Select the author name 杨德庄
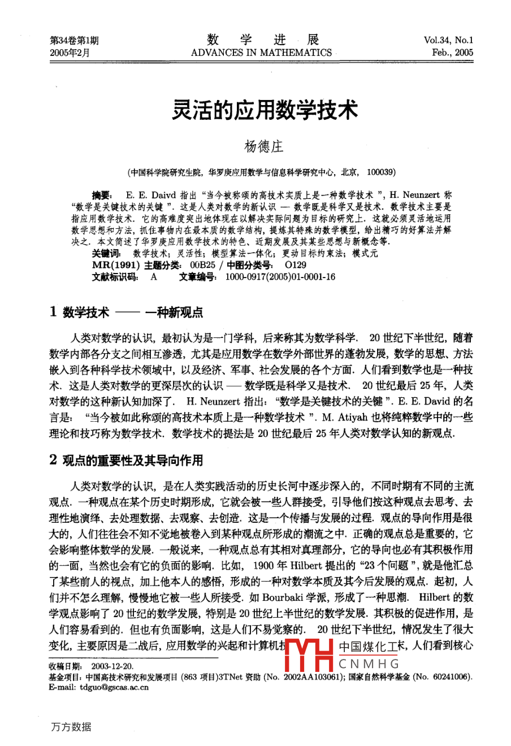pyautogui.click(x=263, y=147)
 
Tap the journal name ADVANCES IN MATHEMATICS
pyautogui.click(x=261, y=53)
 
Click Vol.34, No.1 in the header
pyautogui.click(x=448, y=40)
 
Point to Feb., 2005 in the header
pyautogui.click(x=452, y=53)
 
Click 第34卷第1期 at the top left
pyautogui.click(x=74, y=40)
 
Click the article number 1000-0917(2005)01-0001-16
pyautogui.click(x=280, y=277)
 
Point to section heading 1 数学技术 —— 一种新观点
pyautogui.click(x=126, y=312)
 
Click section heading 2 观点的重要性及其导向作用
pyautogui.click(x=126, y=460)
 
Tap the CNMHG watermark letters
pyautogui.click(x=369, y=664)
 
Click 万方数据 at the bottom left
pyautogui.click(x=70, y=727)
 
